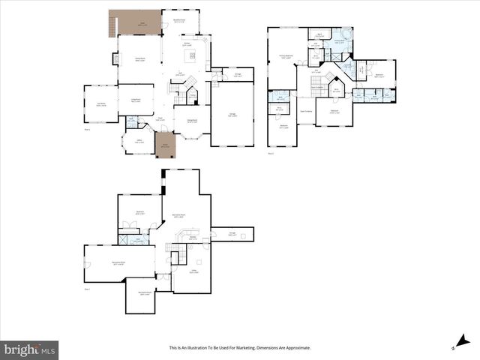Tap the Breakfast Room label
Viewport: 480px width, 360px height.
[x=181, y=22]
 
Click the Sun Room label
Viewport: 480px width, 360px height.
[x=100, y=105]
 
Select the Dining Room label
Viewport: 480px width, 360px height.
[x=191, y=121]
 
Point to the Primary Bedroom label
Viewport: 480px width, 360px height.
[x=286, y=56]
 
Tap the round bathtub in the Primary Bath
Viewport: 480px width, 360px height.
[x=346, y=35]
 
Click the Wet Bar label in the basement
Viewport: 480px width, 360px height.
[x=193, y=239]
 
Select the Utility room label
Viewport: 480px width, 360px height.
[x=193, y=271]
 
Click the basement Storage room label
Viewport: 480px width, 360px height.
[x=232, y=234]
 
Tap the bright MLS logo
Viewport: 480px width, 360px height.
[x=30, y=349]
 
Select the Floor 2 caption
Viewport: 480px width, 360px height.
[x=271, y=153]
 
